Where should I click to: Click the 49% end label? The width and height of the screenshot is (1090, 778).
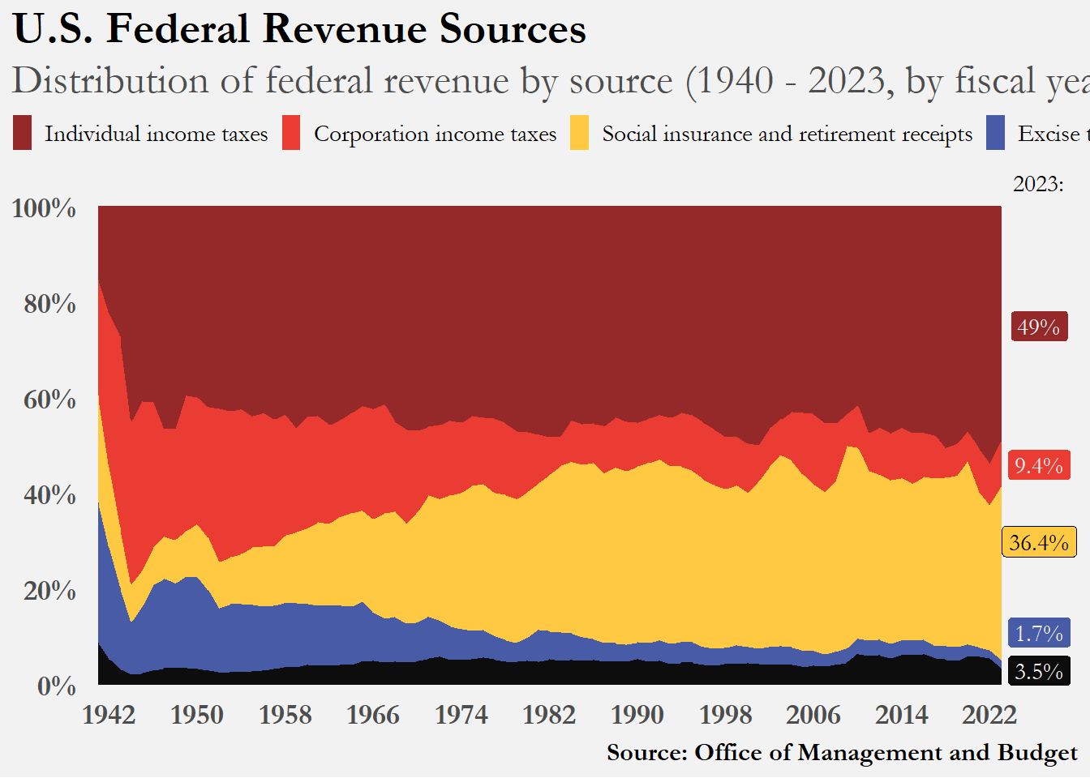1039,327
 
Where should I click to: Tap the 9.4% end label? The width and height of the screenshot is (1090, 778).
1039,465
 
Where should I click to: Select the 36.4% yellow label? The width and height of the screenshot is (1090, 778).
1039,542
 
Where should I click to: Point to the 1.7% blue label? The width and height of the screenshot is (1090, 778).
1039,633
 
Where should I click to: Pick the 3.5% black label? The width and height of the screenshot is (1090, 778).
1039,671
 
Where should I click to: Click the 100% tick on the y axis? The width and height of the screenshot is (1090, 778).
45,208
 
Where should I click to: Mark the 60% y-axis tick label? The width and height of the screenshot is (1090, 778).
49,400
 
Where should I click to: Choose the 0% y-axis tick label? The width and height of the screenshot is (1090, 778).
57,686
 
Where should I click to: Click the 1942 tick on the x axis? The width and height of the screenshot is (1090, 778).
109,715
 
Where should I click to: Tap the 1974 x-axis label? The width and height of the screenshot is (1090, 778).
461,715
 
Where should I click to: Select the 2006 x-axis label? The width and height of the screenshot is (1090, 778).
813,715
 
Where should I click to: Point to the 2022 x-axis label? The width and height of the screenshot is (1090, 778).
989,715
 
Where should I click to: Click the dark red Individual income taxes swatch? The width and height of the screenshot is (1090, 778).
22,133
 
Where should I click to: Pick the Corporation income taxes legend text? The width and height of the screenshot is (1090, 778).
436,134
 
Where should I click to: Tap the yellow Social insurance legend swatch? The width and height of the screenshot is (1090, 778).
579,133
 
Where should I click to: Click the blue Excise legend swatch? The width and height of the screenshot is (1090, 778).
995,133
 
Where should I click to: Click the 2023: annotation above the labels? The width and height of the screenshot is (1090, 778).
1038,184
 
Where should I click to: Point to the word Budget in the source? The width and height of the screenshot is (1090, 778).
1037,753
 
